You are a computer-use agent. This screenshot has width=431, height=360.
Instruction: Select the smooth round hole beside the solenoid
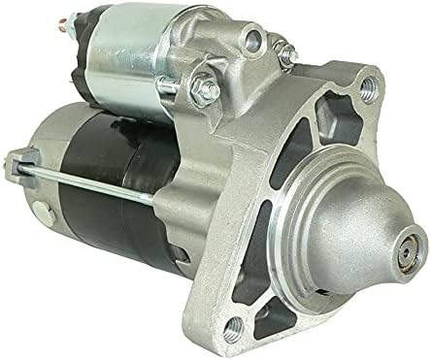pos(255,40)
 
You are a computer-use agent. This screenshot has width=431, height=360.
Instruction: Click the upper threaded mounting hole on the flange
pos(367,91)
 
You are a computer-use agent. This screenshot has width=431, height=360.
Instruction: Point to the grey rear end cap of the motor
pos(49,194)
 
